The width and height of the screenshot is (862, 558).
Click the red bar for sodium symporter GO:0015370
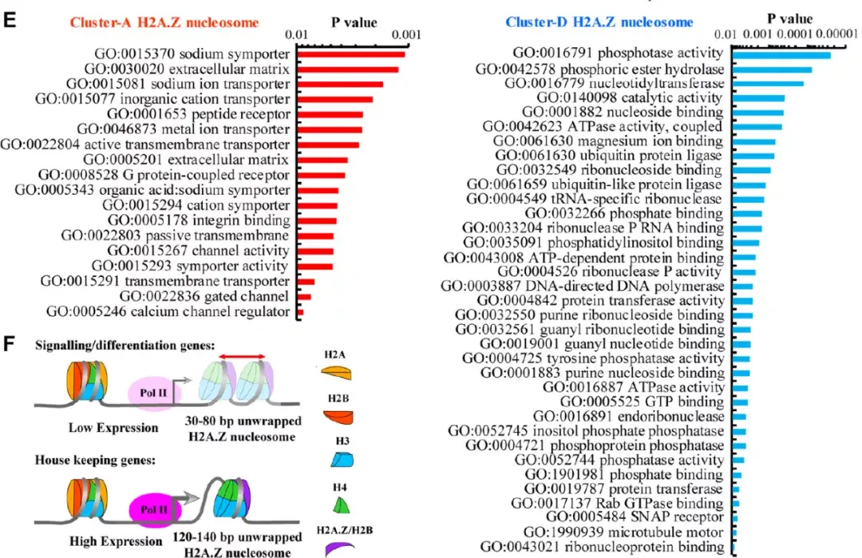pyautogui.click(x=350, y=54)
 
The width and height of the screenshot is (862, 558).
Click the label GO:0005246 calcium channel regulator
pyautogui.click(x=168, y=311)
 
